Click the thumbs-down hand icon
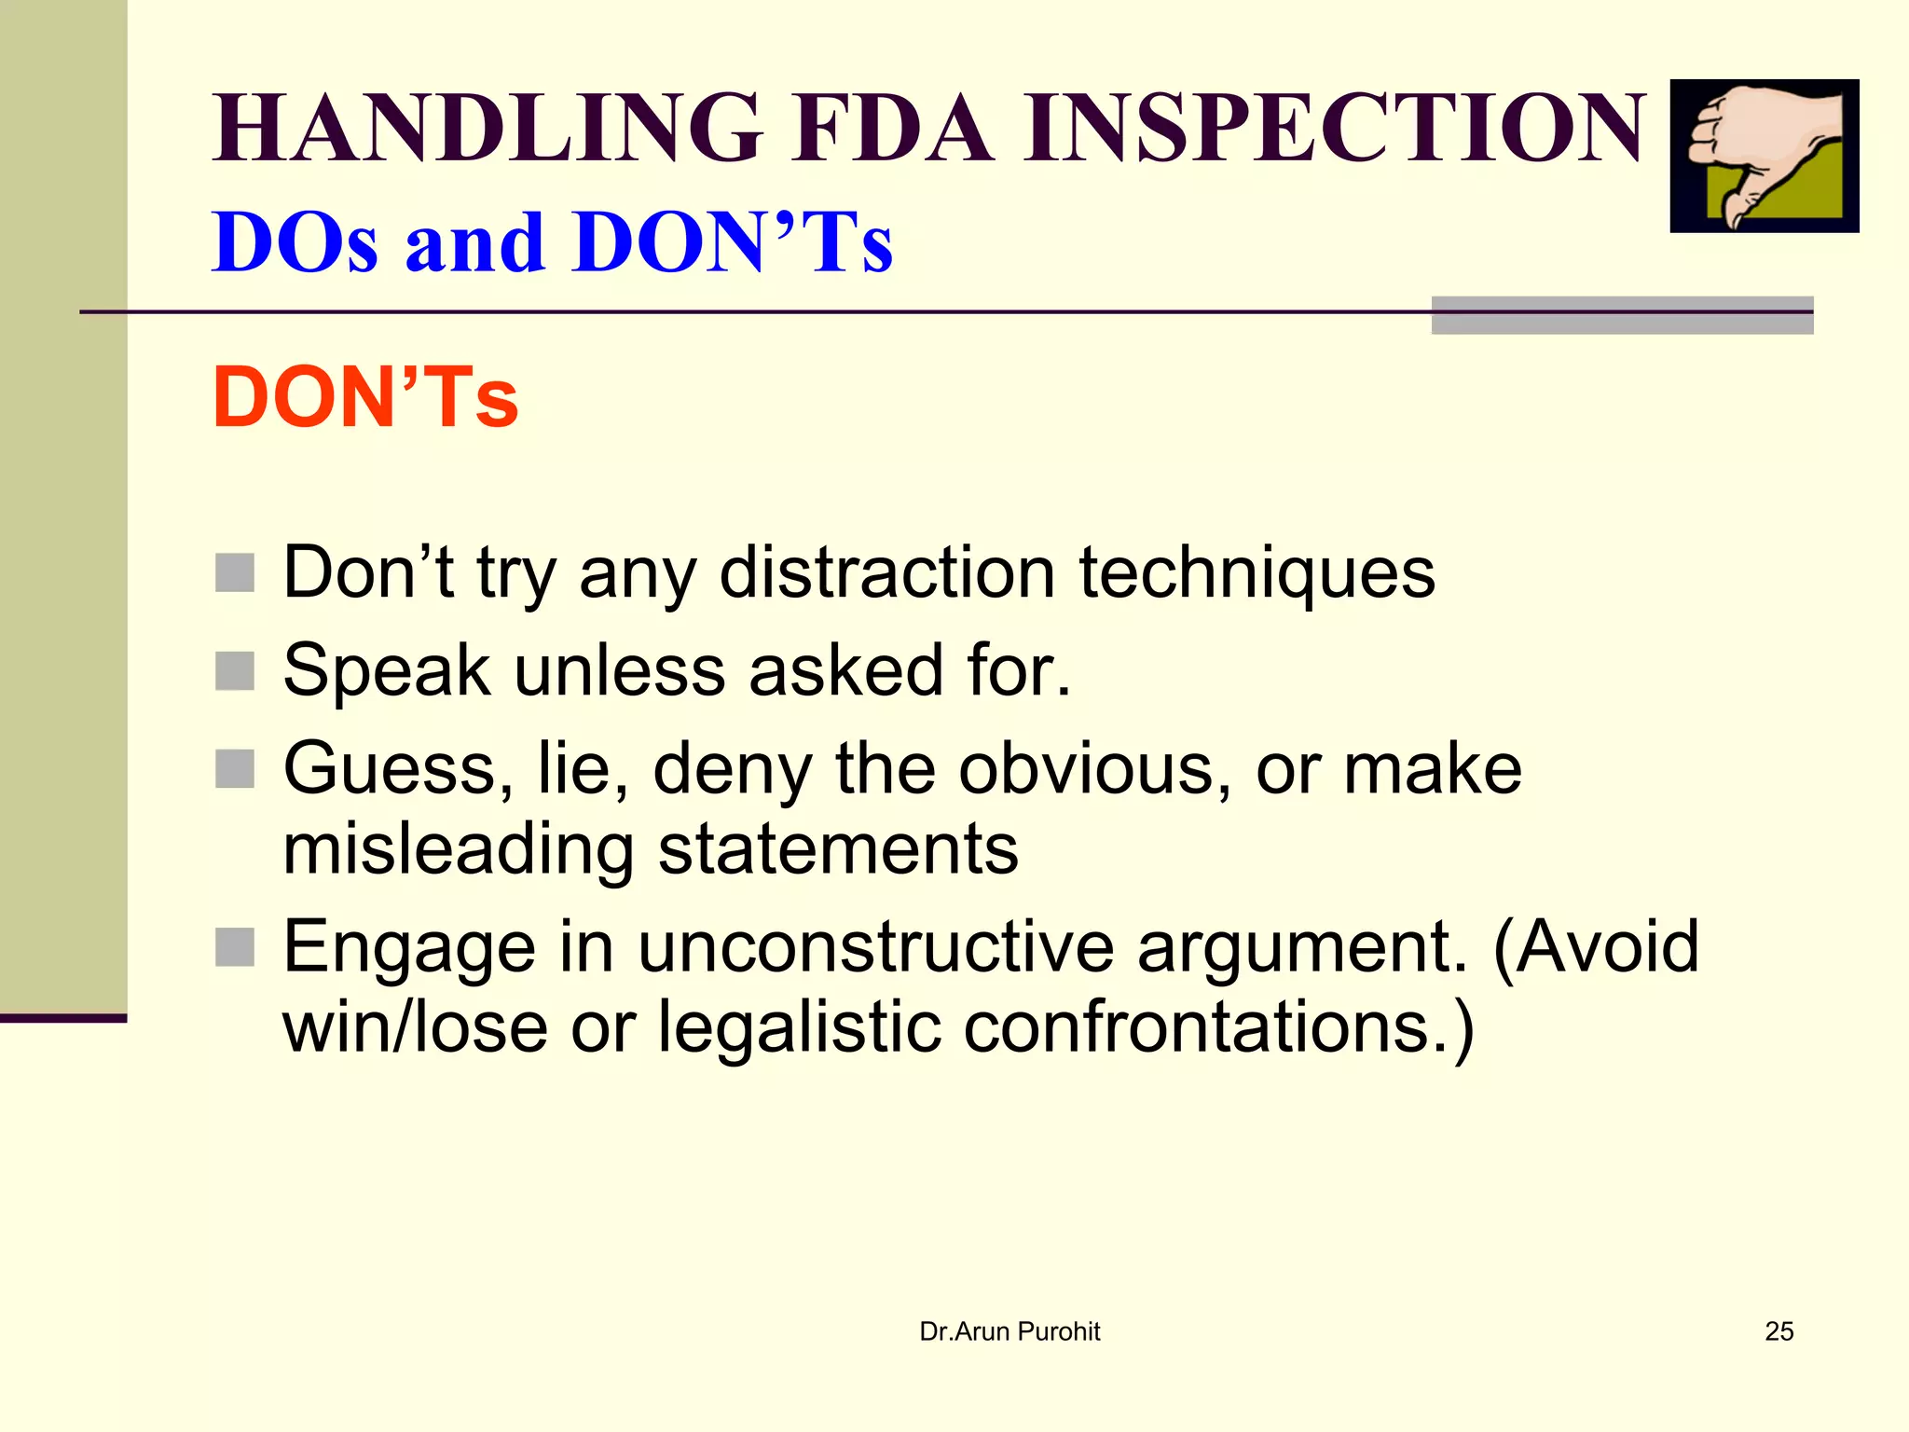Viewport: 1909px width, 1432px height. (x=1764, y=156)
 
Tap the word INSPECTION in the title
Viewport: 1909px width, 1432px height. (x=1335, y=128)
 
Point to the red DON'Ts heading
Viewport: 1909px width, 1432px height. (x=365, y=398)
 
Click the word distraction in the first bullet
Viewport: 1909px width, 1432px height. (x=886, y=571)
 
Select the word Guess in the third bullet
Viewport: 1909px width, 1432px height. (x=398, y=768)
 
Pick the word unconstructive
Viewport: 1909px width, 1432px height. (x=876, y=946)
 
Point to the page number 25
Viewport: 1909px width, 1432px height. (x=1779, y=1331)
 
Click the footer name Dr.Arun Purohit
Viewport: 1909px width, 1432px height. (x=1009, y=1331)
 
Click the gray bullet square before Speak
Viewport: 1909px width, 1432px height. (x=235, y=670)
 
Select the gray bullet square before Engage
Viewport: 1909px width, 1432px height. (x=235, y=947)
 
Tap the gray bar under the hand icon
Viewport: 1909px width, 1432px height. (x=1622, y=316)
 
